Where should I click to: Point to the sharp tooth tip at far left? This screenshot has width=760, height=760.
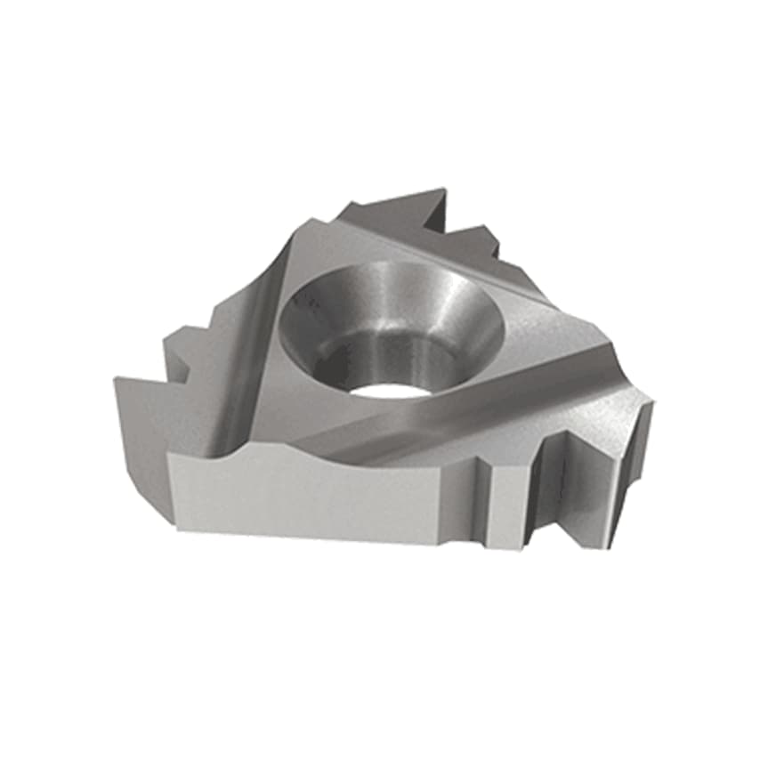[x=117, y=381]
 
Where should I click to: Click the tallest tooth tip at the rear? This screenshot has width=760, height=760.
[x=441, y=190]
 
